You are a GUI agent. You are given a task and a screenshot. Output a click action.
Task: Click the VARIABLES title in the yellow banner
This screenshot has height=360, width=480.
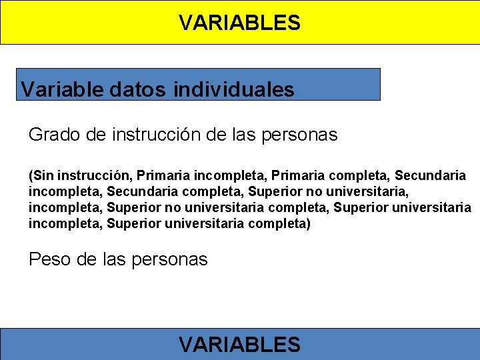(239, 23)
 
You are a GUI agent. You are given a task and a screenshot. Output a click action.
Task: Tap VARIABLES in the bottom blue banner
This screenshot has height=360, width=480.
(239, 345)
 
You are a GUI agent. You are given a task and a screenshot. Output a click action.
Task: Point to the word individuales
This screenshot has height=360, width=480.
(233, 89)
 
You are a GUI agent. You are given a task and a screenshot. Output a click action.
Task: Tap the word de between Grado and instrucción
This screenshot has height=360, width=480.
(96, 135)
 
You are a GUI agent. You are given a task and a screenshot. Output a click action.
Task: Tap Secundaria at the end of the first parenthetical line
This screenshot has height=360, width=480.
(430, 176)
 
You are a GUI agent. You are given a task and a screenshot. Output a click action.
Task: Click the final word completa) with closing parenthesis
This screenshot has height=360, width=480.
(279, 224)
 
